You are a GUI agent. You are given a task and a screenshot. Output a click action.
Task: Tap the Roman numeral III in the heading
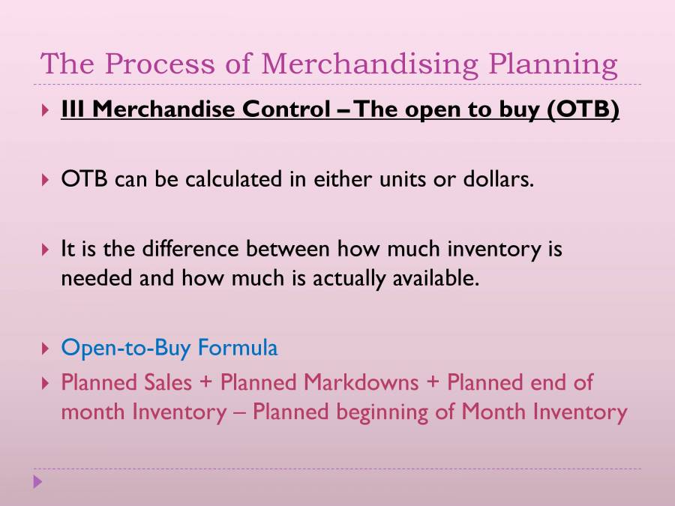(75, 110)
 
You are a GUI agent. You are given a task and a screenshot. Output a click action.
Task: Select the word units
(379, 180)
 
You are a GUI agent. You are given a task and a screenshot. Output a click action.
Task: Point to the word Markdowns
(361, 382)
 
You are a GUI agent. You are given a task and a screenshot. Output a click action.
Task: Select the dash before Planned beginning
(239, 413)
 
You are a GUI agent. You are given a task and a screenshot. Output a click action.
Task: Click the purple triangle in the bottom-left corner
(38, 481)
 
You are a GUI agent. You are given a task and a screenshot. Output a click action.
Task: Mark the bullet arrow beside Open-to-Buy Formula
(46, 349)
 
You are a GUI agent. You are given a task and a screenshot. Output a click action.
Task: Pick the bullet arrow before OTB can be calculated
(46, 181)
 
